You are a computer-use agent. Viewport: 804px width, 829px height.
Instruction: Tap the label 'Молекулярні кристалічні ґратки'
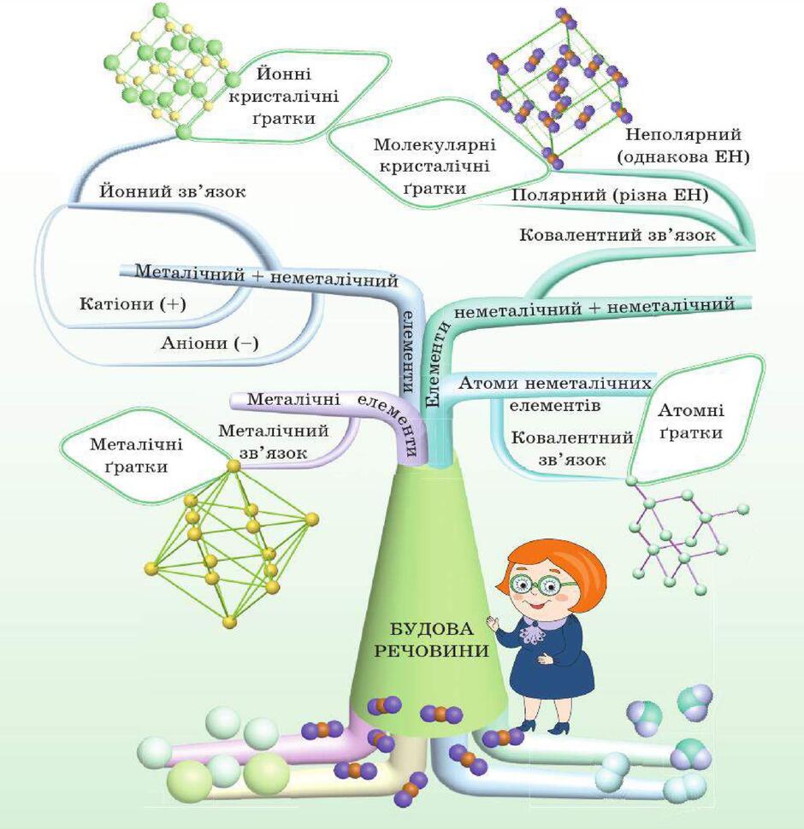[x=435, y=166]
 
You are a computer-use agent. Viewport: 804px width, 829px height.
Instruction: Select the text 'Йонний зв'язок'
[x=173, y=191]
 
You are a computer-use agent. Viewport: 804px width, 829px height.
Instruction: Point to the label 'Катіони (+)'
[x=133, y=304]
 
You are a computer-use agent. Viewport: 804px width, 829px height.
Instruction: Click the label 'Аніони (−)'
[x=210, y=343]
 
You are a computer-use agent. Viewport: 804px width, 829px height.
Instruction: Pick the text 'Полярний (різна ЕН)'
[x=610, y=195]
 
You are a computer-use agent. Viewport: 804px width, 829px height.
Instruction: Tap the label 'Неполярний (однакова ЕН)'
[x=683, y=145]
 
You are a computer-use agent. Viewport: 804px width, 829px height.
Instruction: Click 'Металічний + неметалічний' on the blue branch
[x=266, y=275]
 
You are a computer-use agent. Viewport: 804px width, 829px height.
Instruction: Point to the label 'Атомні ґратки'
[x=691, y=421]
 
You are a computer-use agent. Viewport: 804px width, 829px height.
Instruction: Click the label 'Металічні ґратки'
[x=136, y=456]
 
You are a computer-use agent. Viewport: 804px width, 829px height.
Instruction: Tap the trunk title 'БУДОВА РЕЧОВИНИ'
[x=432, y=640]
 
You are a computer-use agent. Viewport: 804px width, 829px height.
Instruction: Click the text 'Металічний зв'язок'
[x=274, y=442]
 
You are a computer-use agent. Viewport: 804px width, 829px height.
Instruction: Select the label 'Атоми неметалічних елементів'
[x=555, y=394]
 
